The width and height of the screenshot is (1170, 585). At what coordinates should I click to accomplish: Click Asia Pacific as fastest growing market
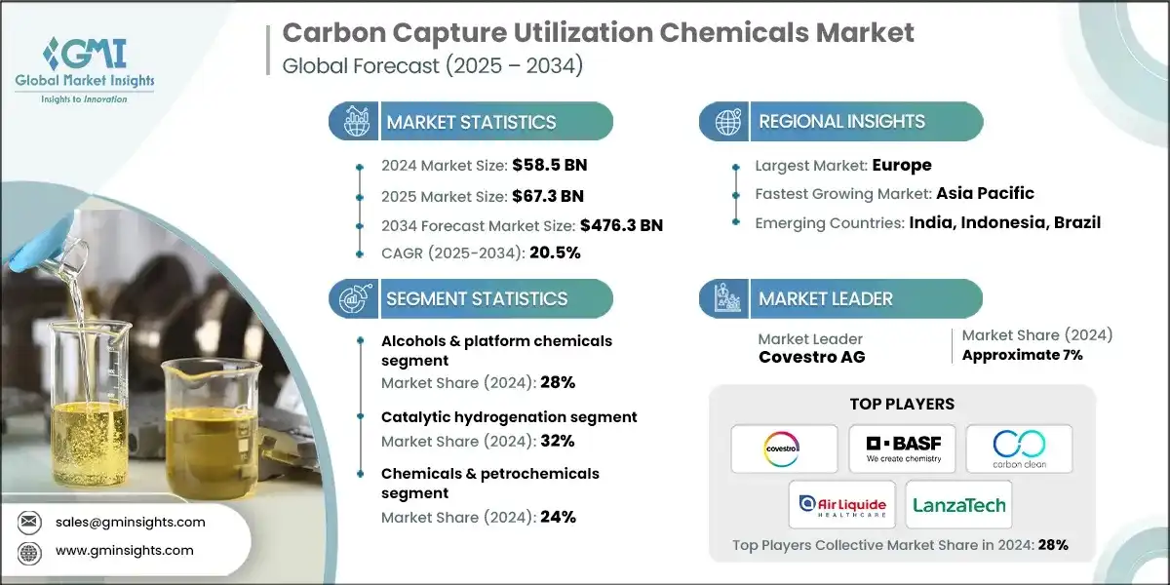tap(985, 193)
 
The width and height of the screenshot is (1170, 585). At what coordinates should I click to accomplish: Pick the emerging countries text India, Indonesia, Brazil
tap(1004, 222)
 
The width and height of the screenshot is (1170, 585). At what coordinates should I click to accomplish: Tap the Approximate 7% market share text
tap(1022, 355)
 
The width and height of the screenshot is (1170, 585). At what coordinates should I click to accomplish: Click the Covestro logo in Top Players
tap(785, 448)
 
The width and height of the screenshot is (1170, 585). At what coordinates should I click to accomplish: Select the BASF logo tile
tap(902, 448)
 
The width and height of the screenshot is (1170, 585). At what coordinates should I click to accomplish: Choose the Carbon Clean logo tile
tap(1019, 448)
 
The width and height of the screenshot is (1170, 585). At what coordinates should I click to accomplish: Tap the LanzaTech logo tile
tap(958, 504)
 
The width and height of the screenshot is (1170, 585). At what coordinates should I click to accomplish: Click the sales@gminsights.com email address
tap(130, 522)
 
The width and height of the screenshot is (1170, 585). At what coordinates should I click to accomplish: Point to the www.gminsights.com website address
tap(124, 550)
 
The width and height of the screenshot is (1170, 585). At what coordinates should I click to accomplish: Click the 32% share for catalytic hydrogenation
tap(556, 441)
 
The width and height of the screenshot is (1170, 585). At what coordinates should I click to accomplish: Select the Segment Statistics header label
tap(477, 298)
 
